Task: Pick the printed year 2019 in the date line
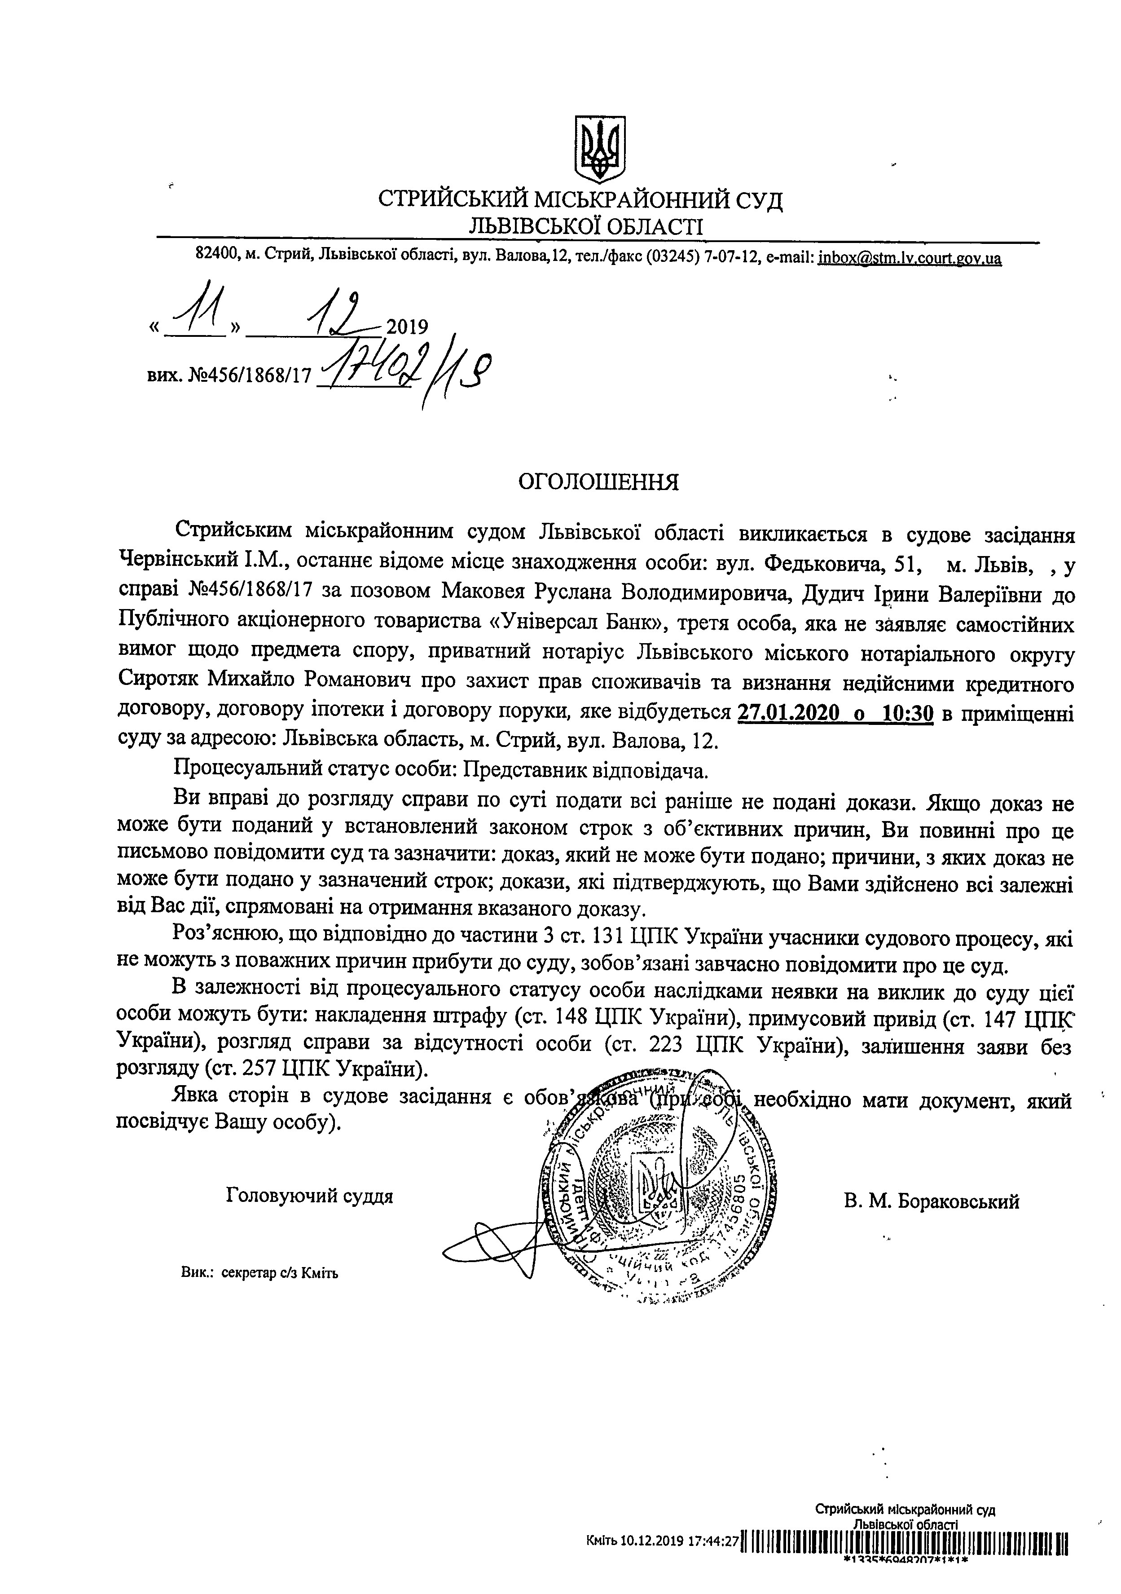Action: point(406,326)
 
